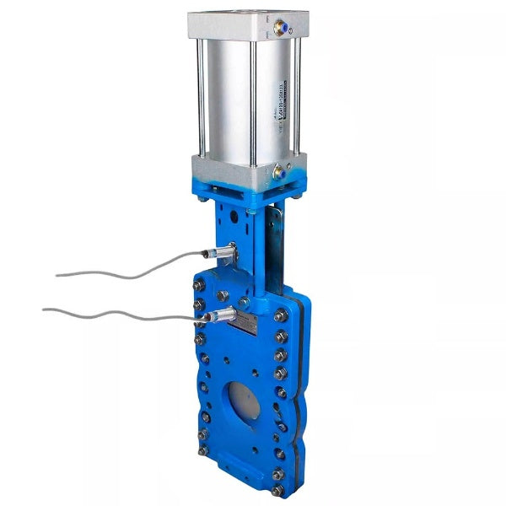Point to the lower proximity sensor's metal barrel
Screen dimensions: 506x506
[x=221, y=317]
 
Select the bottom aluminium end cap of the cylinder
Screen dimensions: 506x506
[x=245, y=169]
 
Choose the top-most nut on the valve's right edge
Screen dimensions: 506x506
[x=281, y=315]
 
